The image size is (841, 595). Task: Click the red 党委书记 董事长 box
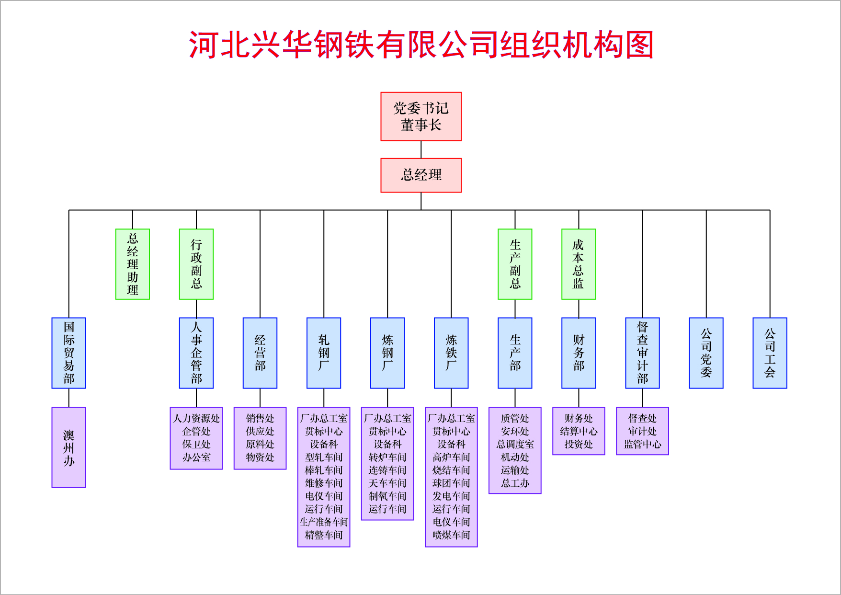pos(420,116)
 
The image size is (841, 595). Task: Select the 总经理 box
pos(420,175)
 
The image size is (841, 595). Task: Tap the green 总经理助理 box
pos(133,264)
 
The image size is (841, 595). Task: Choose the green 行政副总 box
pos(196,264)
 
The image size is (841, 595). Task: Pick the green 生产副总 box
pos(515,264)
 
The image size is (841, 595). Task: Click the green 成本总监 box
pos(579,264)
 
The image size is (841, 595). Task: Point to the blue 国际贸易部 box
pos(69,353)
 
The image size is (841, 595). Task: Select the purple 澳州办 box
pos(69,447)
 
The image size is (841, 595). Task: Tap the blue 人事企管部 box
pos(196,353)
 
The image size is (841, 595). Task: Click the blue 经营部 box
pos(260,353)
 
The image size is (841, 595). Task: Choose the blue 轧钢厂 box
pos(324,353)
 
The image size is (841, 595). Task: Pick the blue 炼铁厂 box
pos(451,353)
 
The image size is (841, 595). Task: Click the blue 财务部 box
pos(579,353)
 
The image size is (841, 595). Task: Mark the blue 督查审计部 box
pos(642,353)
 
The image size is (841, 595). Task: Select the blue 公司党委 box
pos(706,353)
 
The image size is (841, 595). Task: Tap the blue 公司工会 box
pos(770,353)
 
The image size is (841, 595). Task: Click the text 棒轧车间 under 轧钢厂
pos(324,470)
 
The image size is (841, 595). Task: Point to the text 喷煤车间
pos(451,535)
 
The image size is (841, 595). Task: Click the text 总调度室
pos(515,444)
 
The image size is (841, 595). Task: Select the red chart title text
pos(421,45)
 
